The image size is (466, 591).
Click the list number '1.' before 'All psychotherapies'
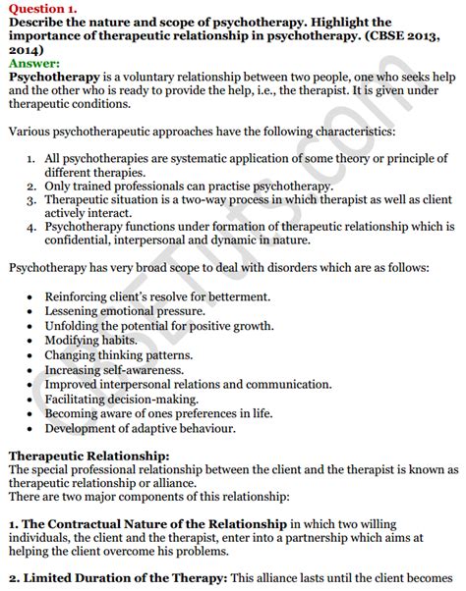coord(31,157)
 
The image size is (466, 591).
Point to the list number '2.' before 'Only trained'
coord(31,185)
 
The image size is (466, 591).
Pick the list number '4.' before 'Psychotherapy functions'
coord(31,225)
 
